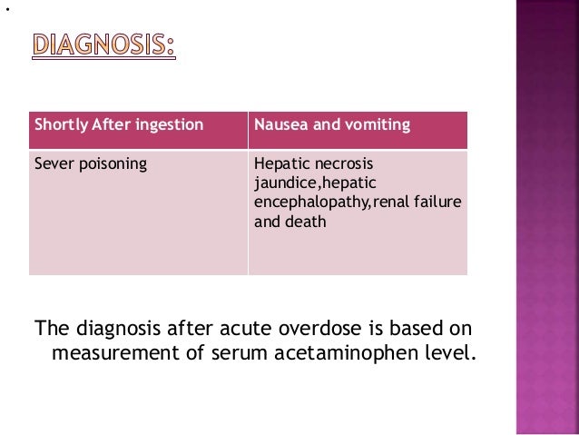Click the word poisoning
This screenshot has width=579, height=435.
point(112,165)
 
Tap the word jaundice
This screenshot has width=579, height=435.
point(283,183)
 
